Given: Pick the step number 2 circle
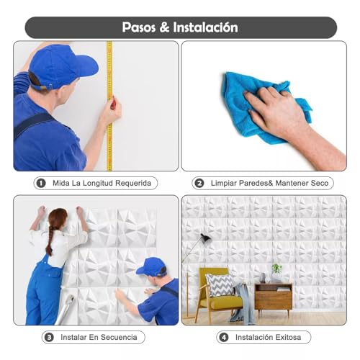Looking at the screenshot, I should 199,183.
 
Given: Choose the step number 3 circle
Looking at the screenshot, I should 49,337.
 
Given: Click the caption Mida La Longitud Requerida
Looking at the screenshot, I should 102,183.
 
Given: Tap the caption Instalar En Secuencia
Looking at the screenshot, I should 100,337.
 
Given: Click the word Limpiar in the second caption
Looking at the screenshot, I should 225,183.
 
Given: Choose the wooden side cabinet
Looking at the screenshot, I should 273,295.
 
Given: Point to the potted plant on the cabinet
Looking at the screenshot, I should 276,271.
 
